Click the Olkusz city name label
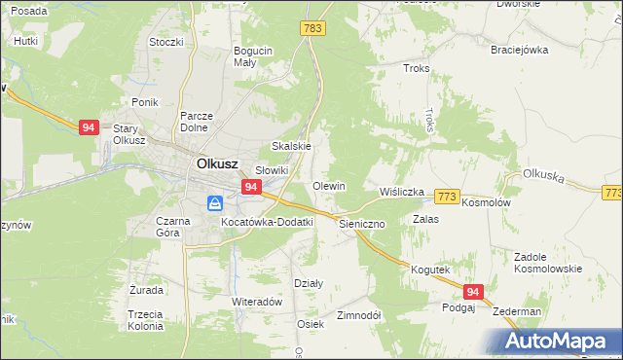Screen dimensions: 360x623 pyautogui.click(x=219, y=164)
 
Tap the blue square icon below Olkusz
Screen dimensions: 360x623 pyautogui.click(x=215, y=203)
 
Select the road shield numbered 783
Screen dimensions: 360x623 pyautogui.click(x=312, y=29)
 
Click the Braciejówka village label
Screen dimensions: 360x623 pyautogui.click(x=520, y=49)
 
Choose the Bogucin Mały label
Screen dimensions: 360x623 pyautogui.click(x=251, y=57)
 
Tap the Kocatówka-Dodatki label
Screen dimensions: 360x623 pyautogui.click(x=267, y=222)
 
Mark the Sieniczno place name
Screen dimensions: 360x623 pyautogui.click(x=362, y=223)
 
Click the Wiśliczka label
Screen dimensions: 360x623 pyautogui.click(x=402, y=192)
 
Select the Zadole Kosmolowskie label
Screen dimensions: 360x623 pyautogui.click(x=547, y=263)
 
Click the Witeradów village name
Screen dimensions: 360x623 pyautogui.click(x=256, y=302)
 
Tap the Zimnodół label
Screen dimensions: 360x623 pyautogui.click(x=358, y=316)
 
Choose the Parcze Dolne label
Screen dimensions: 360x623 pyautogui.click(x=196, y=122)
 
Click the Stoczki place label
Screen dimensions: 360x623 pyautogui.click(x=165, y=42)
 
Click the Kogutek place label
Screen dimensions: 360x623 pyautogui.click(x=429, y=269)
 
